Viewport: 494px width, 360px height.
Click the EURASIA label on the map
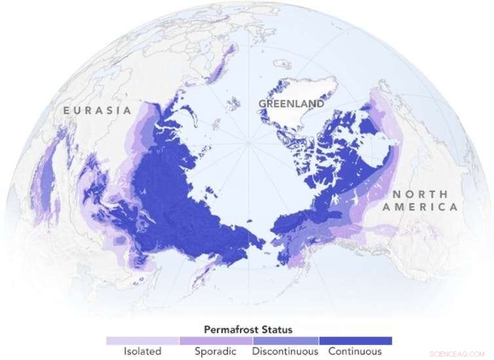(97, 110)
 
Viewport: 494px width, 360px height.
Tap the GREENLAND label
(291, 104)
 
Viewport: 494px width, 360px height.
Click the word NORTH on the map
(420, 194)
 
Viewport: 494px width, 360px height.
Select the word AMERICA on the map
(420, 207)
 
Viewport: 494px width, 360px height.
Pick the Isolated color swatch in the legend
(142, 341)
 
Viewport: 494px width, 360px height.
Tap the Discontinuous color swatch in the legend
(284, 341)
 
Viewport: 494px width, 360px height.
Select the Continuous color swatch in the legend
(355, 341)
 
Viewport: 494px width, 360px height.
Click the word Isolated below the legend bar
(142, 351)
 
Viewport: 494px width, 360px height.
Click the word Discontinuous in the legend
(284, 351)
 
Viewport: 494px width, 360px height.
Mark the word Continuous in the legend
(355, 351)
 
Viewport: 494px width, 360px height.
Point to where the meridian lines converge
(248, 142)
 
